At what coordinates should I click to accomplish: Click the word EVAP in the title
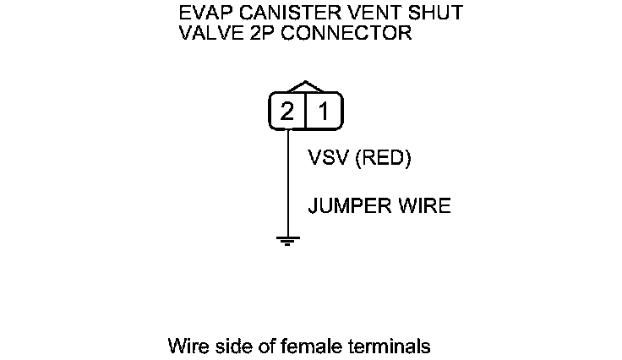tap(201, 14)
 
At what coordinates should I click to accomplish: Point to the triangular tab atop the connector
tap(306, 87)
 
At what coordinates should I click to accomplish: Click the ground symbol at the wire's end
tap(288, 240)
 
